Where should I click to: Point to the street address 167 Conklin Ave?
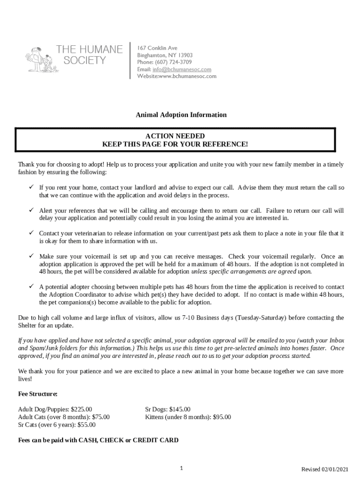(157, 48)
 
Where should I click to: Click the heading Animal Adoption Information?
(181, 115)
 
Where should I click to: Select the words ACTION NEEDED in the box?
(175, 136)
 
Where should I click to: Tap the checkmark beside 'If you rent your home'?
(31, 188)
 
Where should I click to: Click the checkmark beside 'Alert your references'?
(31, 210)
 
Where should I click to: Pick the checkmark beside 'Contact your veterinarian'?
(31, 233)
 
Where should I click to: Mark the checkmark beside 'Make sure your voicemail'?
(31, 256)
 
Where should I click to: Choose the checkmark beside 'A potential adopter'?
(31, 286)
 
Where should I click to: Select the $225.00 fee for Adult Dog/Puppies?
(81, 409)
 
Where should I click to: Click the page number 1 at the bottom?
(181, 468)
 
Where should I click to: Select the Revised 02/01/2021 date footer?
(324, 469)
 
